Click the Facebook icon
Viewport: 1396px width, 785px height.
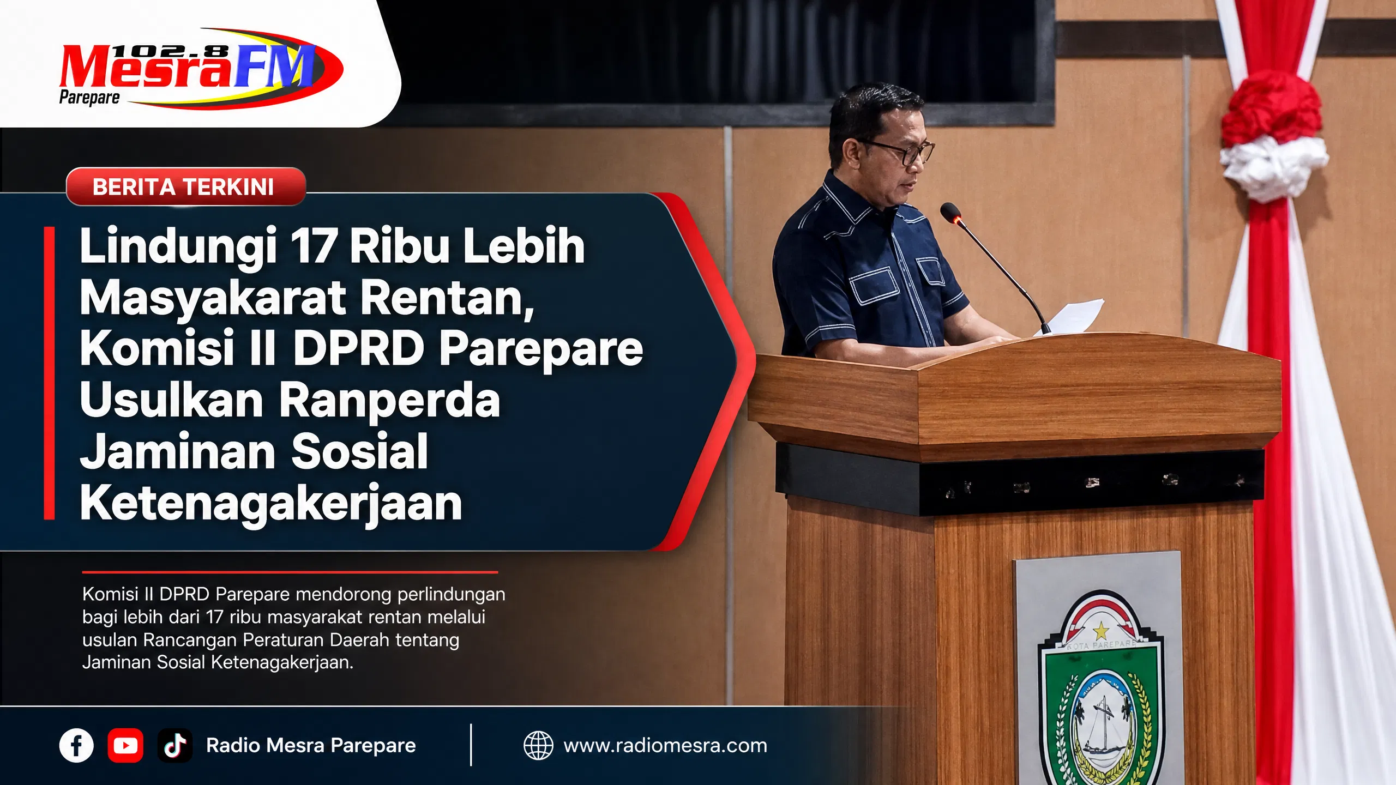coord(76,745)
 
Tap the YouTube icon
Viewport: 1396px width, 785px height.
coord(125,745)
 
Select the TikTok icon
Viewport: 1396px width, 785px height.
coord(175,745)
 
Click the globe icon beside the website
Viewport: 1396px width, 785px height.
coord(538,745)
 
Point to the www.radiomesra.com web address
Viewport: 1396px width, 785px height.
coord(665,745)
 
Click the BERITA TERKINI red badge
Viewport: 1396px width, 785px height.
coord(185,186)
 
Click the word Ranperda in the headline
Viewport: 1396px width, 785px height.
coord(389,400)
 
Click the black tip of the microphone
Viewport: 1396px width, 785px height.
coord(950,212)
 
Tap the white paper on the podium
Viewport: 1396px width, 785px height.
coord(1069,316)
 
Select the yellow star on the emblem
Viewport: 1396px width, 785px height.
coord(1101,631)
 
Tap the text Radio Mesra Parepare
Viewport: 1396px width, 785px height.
coord(311,745)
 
